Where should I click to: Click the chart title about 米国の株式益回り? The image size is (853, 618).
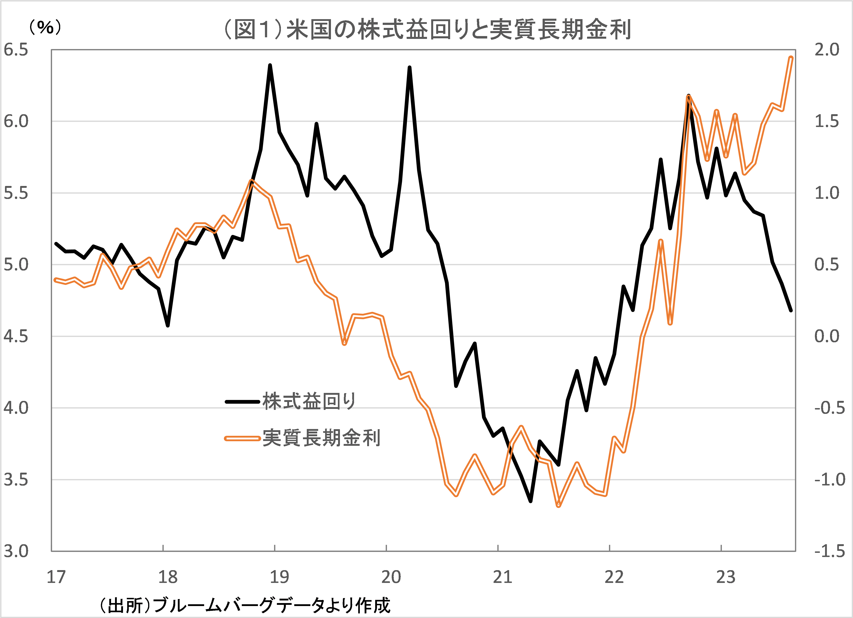[x=427, y=29]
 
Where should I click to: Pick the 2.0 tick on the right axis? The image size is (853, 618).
[x=827, y=50]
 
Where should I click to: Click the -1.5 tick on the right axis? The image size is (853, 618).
[x=829, y=551]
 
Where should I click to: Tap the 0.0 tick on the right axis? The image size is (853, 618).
[x=827, y=336]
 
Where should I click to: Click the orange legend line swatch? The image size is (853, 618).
[x=243, y=438]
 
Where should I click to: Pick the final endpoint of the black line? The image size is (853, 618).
[x=791, y=311]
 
